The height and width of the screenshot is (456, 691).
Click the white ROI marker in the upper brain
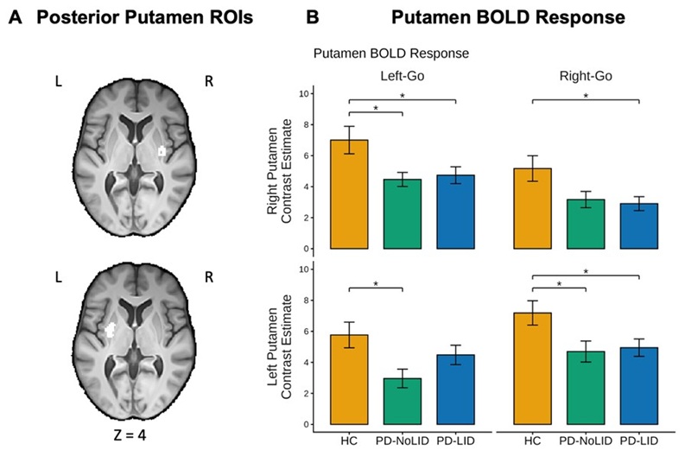(x=162, y=151)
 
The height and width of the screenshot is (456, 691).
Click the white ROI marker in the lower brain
(x=111, y=330)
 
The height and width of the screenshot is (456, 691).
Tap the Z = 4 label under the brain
(x=130, y=435)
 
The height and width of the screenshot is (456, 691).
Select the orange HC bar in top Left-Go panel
(x=350, y=194)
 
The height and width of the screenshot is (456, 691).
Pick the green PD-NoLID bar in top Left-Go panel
(x=403, y=214)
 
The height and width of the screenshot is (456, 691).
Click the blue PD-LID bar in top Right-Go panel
(x=639, y=226)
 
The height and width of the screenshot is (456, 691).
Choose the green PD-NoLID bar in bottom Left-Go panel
(x=403, y=402)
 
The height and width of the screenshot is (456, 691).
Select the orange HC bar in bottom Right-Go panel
(x=533, y=369)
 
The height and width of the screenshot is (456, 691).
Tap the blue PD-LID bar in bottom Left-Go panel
(x=456, y=389)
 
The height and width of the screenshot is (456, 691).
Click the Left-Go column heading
(x=403, y=76)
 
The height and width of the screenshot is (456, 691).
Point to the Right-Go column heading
(x=586, y=76)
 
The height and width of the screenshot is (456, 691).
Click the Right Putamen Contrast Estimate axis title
(x=279, y=171)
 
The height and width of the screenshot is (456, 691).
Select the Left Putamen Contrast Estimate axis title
(x=279, y=347)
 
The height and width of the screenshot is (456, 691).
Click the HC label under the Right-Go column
(x=532, y=440)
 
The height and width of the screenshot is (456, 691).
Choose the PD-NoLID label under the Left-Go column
(x=403, y=440)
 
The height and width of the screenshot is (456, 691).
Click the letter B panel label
(x=313, y=17)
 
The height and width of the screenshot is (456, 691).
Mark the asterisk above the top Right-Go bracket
(x=586, y=95)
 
